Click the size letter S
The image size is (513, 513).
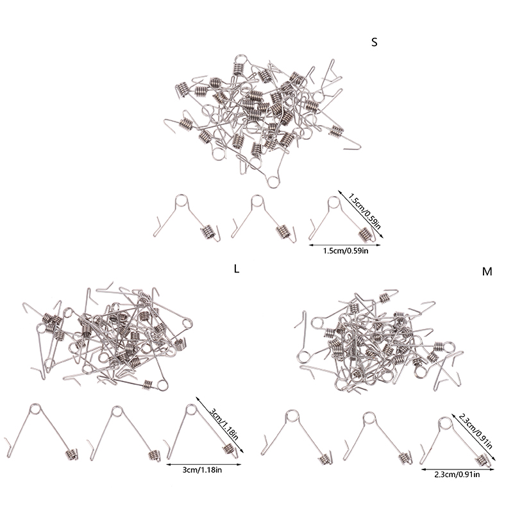(x=374, y=42)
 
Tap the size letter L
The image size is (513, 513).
(x=237, y=269)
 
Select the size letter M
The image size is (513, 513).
(x=487, y=271)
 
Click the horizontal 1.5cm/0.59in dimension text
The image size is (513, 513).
(x=346, y=251)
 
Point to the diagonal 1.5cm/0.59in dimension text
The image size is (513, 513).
(x=364, y=211)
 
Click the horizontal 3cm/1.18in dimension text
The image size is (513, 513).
(x=202, y=470)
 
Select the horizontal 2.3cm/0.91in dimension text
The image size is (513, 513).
(x=457, y=474)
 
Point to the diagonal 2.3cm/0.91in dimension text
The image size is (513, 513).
(x=475, y=432)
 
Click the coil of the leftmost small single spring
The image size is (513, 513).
(x=208, y=232)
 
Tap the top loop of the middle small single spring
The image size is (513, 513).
(x=257, y=201)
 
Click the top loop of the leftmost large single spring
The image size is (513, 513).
(x=35, y=409)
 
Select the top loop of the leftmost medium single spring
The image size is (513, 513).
(x=292, y=416)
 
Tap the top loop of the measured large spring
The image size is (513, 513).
(x=191, y=410)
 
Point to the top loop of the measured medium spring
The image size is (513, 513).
(x=444, y=423)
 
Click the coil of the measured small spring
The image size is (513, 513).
(x=365, y=234)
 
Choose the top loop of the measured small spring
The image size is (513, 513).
(x=333, y=203)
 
